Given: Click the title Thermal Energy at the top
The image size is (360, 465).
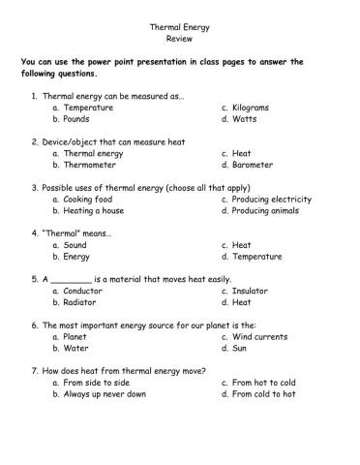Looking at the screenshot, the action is click(179, 28).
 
